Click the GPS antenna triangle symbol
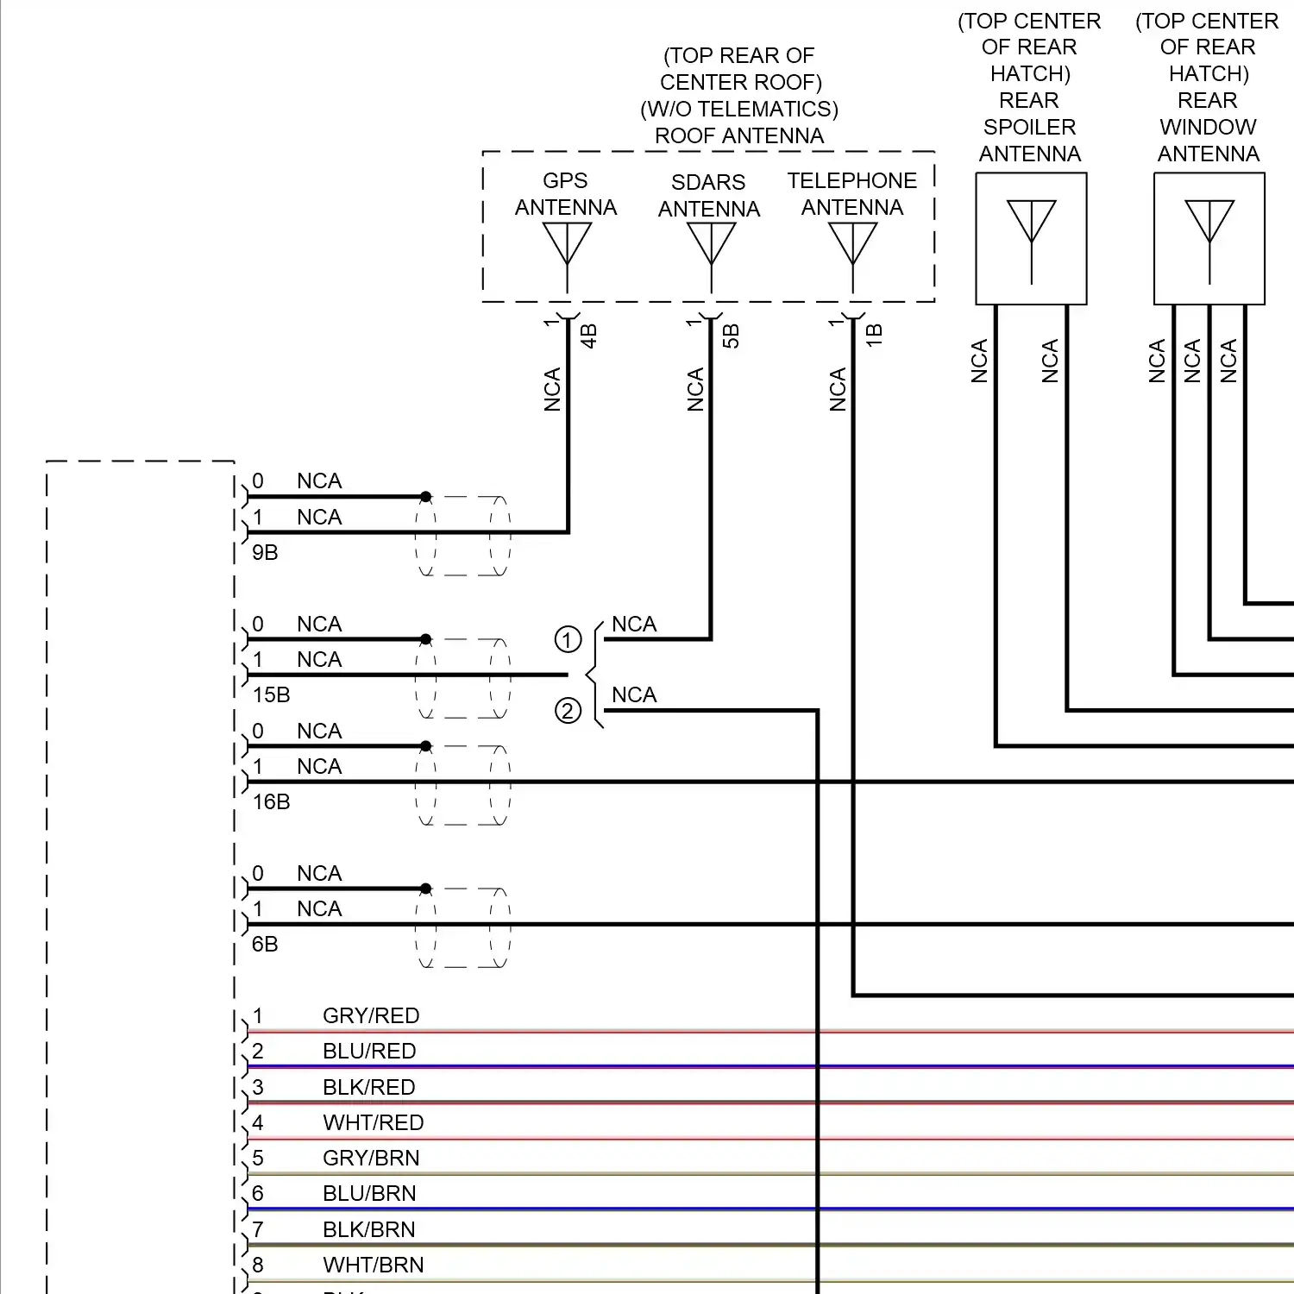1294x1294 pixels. tap(567, 242)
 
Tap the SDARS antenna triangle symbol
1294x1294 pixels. tap(711, 242)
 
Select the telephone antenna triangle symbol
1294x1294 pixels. tap(852, 242)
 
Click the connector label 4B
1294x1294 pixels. tap(588, 336)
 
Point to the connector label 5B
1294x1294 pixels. tap(731, 336)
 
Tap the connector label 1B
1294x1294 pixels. tap(874, 336)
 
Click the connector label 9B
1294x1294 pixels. tap(265, 553)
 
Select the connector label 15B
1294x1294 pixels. tap(271, 695)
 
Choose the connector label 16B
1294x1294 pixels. tap(271, 802)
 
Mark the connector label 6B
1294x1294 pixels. tap(265, 945)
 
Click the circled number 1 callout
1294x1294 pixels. tap(568, 640)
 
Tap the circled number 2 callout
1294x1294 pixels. tap(568, 711)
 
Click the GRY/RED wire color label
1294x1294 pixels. tap(371, 1016)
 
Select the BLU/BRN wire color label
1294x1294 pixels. tap(369, 1194)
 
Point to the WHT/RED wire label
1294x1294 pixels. tap(374, 1123)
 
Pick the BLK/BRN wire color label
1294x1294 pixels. tap(369, 1230)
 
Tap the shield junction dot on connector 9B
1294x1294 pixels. tap(425, 497)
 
